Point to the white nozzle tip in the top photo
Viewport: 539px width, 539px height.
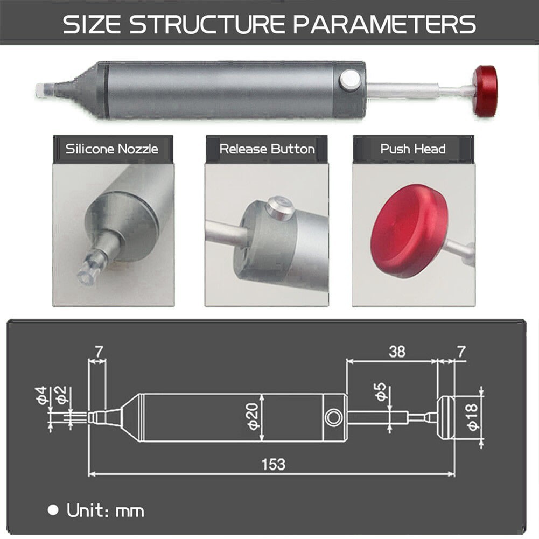click(43, 89)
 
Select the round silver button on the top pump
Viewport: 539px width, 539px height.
click(349, 81)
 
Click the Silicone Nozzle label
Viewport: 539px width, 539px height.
click(113, 149)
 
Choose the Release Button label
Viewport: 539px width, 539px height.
click(267, 149)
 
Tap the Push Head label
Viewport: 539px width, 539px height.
click(413, 149)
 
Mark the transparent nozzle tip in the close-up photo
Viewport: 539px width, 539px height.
click(87, 270)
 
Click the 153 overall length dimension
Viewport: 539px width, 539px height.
click(272, 464)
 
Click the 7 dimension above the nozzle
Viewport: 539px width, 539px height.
click(98, 352)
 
